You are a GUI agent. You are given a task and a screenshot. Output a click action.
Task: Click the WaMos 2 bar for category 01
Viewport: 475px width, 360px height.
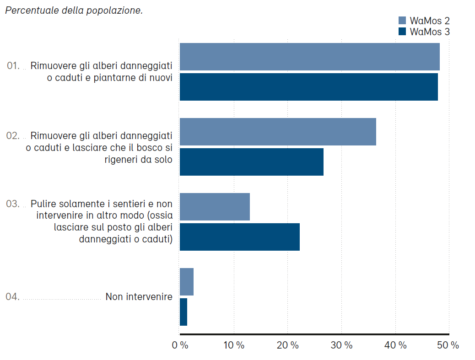coord(309,57)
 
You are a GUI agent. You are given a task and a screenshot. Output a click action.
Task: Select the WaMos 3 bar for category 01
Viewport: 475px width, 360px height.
coord(308,87)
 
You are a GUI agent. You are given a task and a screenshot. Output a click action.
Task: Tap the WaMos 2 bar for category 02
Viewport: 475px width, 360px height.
coord(278,132)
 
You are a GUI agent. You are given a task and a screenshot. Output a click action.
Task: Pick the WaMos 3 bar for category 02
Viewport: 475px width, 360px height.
coord(251,162)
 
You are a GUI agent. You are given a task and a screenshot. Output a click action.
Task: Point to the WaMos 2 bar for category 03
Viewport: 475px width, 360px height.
coord(215,207)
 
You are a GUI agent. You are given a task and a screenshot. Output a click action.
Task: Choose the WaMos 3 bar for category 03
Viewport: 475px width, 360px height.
coord(239,237)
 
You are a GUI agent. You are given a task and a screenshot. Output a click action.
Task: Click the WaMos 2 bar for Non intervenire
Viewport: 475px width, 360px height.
coord(187,282)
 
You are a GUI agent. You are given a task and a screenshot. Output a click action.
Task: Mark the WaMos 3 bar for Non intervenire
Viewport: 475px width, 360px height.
coord(184,312)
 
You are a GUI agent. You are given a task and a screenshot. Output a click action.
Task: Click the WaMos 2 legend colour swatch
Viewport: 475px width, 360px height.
coord(402,20)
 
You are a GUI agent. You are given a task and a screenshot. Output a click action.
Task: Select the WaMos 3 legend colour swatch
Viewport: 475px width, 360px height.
coord(402,32)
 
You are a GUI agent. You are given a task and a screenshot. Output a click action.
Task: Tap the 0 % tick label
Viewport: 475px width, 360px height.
coord(180,346)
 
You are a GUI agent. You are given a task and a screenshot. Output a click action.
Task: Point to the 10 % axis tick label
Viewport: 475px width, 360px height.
coord(234,346)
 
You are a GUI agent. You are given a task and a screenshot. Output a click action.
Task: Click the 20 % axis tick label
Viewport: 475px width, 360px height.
coord(288,346)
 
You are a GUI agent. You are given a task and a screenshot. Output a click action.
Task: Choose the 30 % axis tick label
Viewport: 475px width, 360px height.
coord(342,346)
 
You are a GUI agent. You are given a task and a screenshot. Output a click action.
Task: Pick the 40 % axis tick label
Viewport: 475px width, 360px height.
coord(395,346)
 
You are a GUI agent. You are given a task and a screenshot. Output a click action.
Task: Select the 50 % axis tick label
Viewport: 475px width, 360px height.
coord(448,346)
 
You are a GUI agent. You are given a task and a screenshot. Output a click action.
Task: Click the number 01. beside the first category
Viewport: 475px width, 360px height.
coord(13,66)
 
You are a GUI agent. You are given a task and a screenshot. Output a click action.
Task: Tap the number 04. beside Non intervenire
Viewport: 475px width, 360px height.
coord(12,297)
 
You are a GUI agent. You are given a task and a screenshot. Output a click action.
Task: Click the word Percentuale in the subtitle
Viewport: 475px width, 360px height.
coord(31,11)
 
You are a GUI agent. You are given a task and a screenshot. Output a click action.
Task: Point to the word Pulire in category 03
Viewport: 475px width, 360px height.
coord(43,204)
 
